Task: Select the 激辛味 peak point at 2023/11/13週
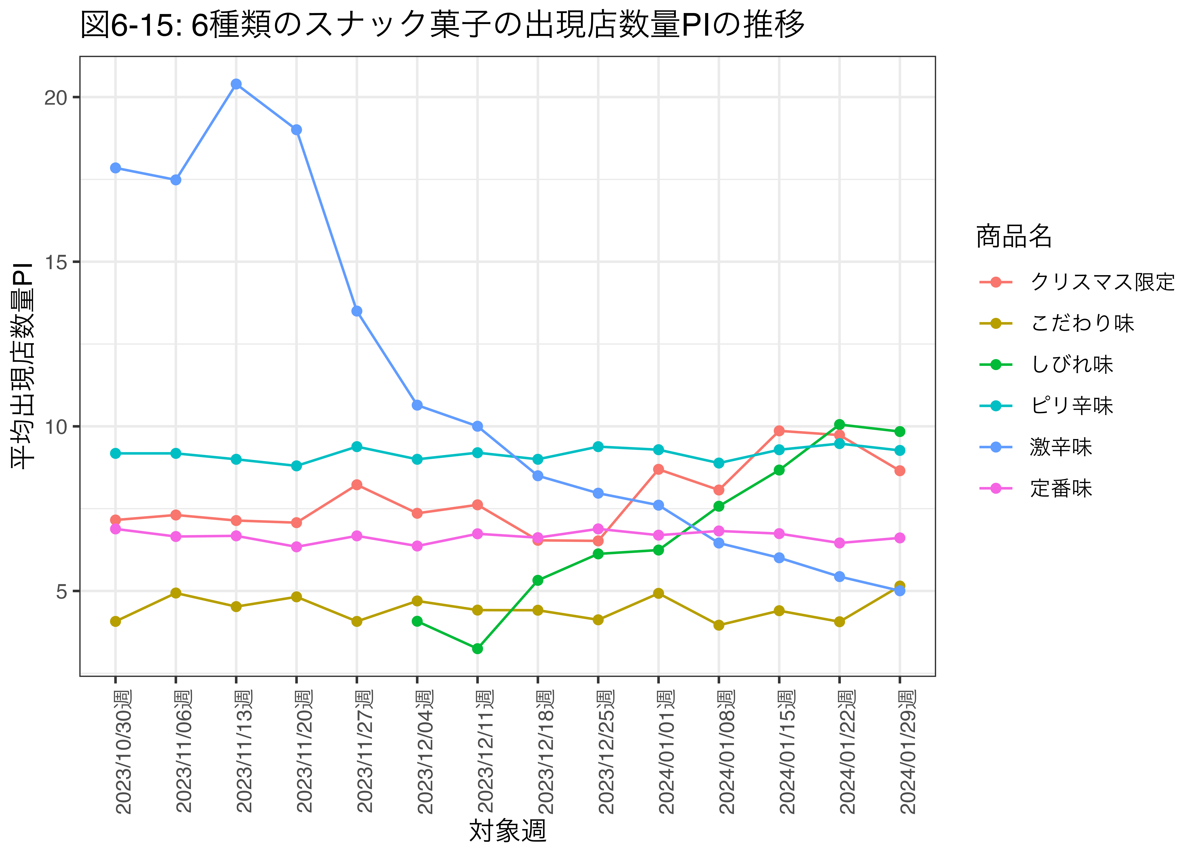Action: [x=236, y=84]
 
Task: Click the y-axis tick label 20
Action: [x=55, y=97]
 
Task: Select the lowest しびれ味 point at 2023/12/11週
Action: [x=477, y=649]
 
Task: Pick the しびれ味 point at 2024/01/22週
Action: [x=839, y=424]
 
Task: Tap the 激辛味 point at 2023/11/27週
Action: [x=357, y=311]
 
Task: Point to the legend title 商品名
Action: [x=1013, y=236]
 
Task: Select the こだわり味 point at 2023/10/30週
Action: [x=115, y=621]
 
